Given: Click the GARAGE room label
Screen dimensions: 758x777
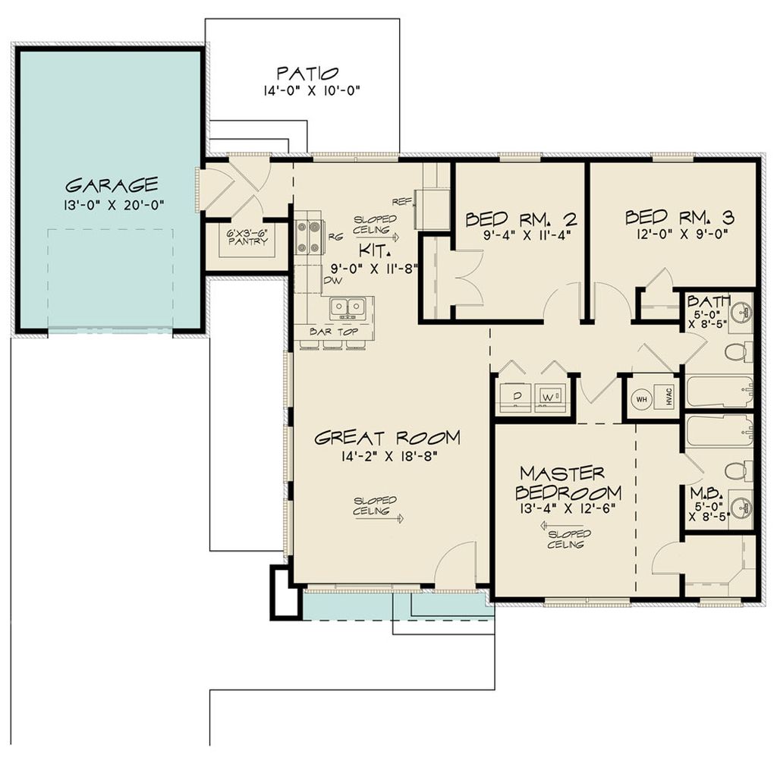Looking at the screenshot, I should coord(112,184).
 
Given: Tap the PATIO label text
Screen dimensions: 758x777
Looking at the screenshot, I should coord(307,74).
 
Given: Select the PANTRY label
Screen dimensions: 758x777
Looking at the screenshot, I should coord(247,241).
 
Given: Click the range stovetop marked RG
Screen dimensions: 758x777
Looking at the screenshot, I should coord(310,236).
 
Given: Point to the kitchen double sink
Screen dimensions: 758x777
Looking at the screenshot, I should coord(348,307).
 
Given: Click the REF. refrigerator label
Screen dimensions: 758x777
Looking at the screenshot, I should coord(401,202).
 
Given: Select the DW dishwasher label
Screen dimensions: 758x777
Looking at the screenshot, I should coord(332,280).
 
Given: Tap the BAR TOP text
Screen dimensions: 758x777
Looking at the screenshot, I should coord(332,332).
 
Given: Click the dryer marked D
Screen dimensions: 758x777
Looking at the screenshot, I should coord(514,396).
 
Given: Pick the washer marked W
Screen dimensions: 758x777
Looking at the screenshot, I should coord(550,396).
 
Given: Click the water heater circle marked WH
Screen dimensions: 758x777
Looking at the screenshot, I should coord(641,398).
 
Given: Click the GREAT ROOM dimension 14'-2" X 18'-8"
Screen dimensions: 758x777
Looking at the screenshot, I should coord(387,456).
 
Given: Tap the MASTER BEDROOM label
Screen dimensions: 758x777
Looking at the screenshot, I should coord(562,481).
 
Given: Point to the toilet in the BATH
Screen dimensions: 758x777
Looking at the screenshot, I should coord(736,351).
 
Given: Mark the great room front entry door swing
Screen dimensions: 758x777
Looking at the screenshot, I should coord(455,565).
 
